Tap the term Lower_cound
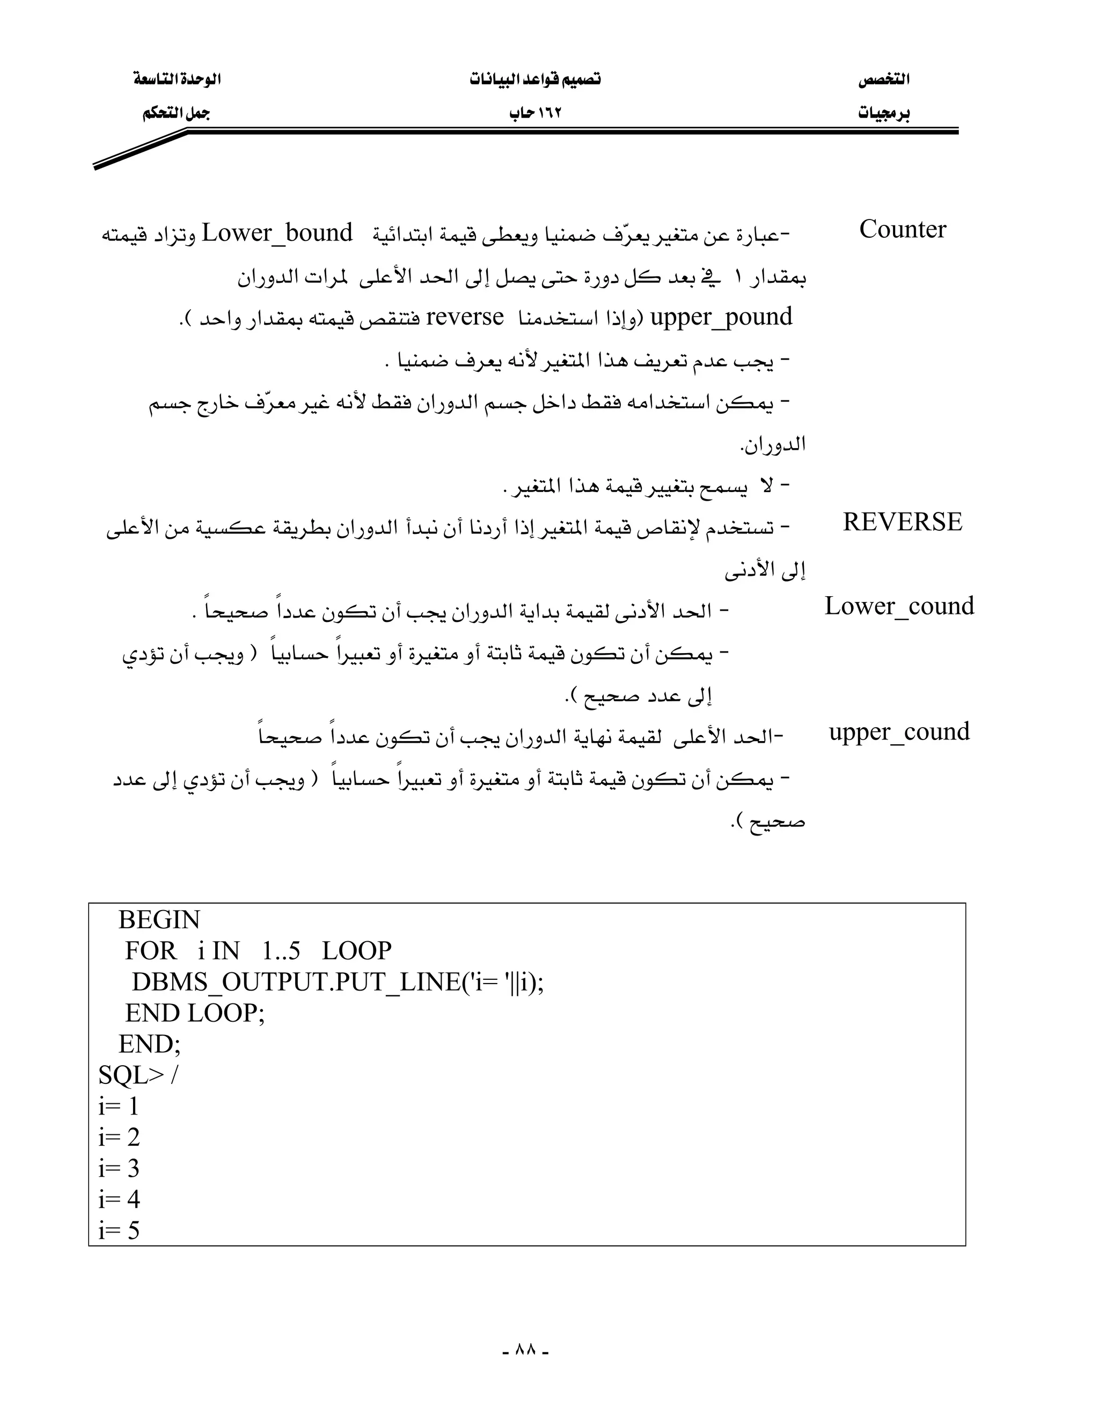tap(899, 606)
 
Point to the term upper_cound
tap(899, 732)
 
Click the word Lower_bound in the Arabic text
tap(277, 233)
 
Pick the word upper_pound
tap(721, 317)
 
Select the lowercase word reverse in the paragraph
tap(465, 317)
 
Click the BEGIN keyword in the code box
tap(159, 920)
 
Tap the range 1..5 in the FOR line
tap(281, 951)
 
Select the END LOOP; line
tap(195, 1013)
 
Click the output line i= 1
tap(119, 1107)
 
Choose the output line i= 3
tap(119, 1169)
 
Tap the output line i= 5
tap(119, 1230)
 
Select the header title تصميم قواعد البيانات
tap(535, 79)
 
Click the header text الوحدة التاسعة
tap(177, 79)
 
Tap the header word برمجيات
tap(883, 113)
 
